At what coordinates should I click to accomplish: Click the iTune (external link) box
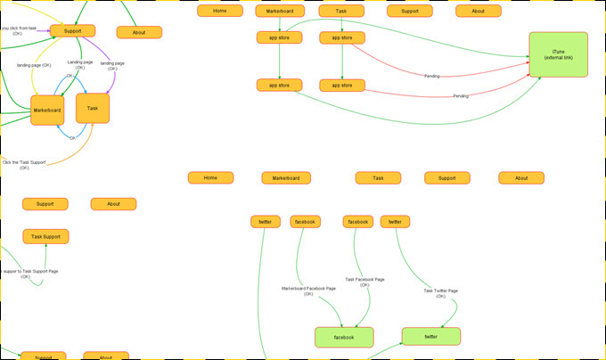point(558,54)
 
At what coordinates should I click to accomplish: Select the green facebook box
point(344,337)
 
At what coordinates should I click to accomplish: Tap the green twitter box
point(431,336)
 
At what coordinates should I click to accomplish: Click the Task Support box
point(45,236)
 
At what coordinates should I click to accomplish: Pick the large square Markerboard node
point(47,110)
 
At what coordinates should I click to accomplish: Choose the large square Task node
point(93,108)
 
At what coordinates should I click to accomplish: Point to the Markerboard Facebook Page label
point(308,290)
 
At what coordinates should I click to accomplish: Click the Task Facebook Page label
point(364,282)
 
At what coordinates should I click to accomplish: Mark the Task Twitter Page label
point(440,293)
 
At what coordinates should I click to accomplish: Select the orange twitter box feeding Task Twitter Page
point(395,221)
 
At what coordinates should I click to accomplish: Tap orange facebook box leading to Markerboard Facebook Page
point(305,221)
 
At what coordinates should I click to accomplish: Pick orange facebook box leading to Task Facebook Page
point(358,221)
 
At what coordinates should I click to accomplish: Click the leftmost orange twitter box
point(266,221)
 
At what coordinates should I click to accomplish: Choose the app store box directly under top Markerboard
point(280,37)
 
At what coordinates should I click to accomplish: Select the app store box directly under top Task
point(342,37)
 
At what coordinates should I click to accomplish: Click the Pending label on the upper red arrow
point(431,76)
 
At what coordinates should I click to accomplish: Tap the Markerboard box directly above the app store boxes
point(280,11)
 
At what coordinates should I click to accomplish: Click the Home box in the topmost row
point(220,11)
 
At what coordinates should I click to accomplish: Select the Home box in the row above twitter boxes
point(210,177)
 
